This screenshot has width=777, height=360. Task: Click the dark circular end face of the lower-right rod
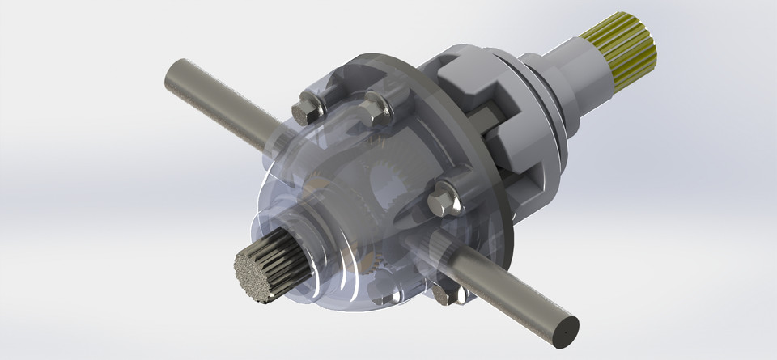(563, 329)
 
